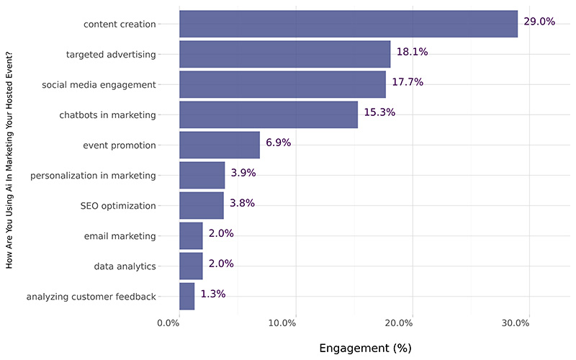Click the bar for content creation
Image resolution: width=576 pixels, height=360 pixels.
click(348, 24)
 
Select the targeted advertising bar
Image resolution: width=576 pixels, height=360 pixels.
click(284, 54)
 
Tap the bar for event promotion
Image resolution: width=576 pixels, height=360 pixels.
click(220, 145)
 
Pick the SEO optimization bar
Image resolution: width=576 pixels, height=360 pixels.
click(202, 205)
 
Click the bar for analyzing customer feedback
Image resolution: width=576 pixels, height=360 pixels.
click(187, 296)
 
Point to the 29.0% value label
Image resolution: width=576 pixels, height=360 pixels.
click(539, 22)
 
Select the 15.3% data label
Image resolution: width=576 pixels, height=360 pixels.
click(379, 112)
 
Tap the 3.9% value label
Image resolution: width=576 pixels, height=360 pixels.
click(243, 173)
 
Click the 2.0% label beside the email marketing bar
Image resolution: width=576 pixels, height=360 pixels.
click(221, 233)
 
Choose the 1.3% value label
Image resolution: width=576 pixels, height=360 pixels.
click(213, 294)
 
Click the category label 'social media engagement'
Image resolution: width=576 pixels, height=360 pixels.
click(99, 84)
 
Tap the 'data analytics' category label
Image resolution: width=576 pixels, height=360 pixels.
click(125, 266)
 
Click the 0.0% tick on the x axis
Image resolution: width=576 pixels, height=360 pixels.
click(168, 323)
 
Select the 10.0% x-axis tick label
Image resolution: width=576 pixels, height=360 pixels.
click(282, 323)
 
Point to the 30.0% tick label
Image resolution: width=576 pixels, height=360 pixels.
click(515, 323)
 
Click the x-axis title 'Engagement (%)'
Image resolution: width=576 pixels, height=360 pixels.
click(365, 348)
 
